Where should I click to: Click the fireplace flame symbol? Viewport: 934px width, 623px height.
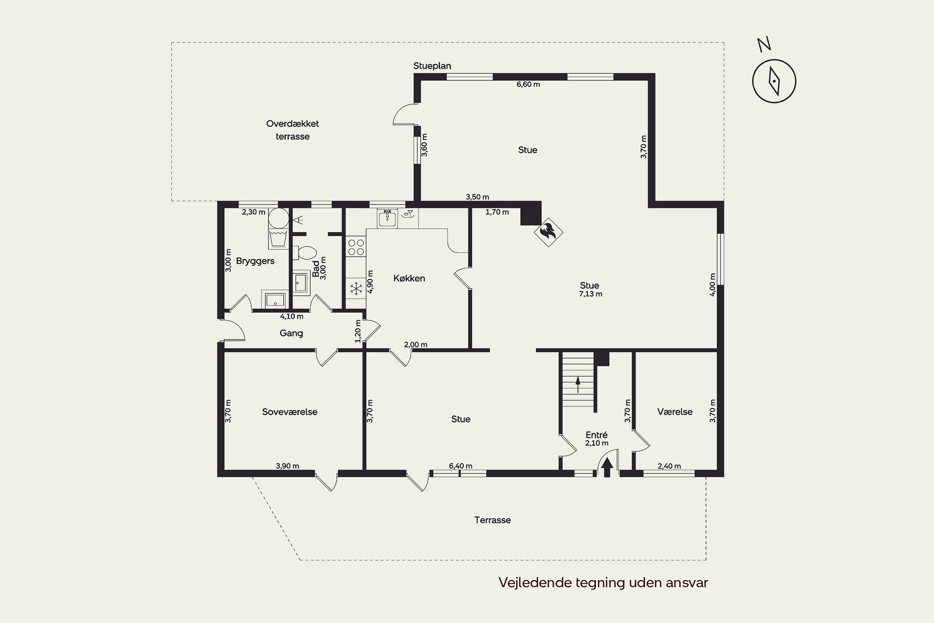point(548,232)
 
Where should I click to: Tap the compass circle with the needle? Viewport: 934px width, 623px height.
point(774,81)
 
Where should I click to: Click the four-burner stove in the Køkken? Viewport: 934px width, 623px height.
point(356,247)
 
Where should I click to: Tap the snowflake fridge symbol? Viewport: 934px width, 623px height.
point(356,288)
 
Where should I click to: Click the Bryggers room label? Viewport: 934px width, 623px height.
point(255,261)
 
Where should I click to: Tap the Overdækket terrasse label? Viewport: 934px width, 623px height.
point(292,130)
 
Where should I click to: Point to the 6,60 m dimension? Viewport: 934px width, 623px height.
point(528,84)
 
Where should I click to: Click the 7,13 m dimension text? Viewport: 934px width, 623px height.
point(591,294)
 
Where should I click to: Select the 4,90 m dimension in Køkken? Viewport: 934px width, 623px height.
point(370,282)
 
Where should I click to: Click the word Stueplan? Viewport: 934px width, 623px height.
point(432,66)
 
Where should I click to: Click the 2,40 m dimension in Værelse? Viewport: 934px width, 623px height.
point(669,466)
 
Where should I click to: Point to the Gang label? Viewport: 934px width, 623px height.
point(291,333)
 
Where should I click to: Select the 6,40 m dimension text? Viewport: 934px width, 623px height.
point(461,466)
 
